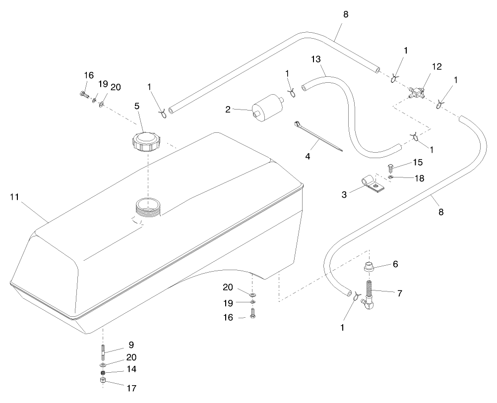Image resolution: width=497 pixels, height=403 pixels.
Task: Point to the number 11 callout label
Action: [x=15, y=197]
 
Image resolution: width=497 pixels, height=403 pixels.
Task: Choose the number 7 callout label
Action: [x=399, y=293]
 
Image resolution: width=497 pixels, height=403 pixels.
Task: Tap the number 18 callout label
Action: [x=420, y=178]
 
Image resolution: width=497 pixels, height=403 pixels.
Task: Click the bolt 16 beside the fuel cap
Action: [x=83, y=93]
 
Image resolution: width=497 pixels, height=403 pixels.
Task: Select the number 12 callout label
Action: [x=436, y=66]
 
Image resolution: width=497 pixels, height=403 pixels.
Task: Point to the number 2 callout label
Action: [x=228, y=110]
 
